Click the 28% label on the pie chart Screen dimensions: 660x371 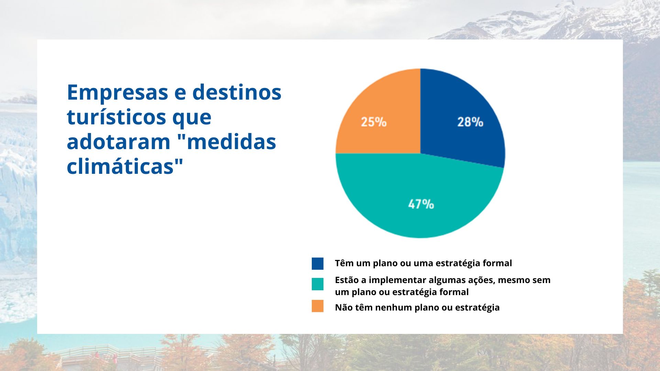470,122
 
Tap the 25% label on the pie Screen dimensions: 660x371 374,122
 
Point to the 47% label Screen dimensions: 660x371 421,204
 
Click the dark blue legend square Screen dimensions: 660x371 318,263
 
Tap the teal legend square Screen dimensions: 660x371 318,284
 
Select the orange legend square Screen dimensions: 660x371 318,306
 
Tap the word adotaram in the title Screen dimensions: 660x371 119,142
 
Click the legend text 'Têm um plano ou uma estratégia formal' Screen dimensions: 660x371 423,263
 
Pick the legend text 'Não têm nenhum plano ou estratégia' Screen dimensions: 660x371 417,307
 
